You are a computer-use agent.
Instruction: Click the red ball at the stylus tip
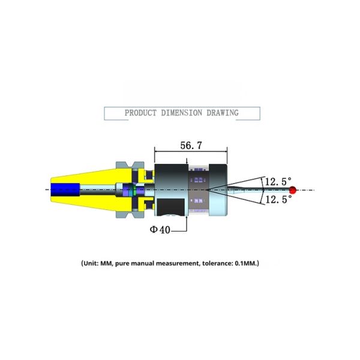coord(292,190)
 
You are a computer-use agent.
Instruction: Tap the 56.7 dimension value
coord(191,145)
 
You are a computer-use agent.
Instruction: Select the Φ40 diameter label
coord(160,229)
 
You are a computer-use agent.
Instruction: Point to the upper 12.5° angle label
coord(278,182)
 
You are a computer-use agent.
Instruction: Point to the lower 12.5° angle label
coord(278,199)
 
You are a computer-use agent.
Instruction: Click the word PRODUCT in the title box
coord(140,113)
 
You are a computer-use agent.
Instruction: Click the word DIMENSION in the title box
coord(182,113)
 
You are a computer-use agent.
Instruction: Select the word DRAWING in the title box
coord(223,113)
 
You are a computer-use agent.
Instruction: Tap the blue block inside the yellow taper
coord(65,190)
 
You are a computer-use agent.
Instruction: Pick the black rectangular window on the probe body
coord(170,208)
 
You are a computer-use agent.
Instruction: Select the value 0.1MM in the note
coord(245,263)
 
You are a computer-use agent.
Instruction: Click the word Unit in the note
coord(91,263)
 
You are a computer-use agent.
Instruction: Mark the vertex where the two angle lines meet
coord(206,190)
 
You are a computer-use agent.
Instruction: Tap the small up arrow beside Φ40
coord(187,218)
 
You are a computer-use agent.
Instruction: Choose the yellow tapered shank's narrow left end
coord(51,190)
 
